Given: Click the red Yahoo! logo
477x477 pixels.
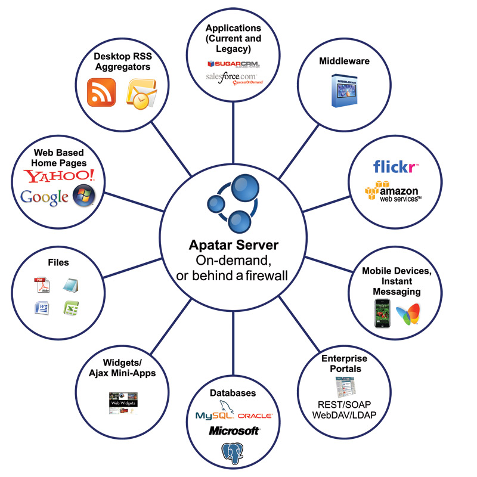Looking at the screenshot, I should tap(59, 175).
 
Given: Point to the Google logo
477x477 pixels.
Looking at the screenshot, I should tap(44, 197).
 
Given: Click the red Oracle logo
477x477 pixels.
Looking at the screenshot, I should tap(255, 415).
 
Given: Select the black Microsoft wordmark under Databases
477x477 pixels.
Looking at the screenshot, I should tap(234, 430).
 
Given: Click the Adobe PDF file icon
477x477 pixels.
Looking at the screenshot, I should tap(41, 285).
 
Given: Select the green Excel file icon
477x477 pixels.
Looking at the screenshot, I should tap(72, 308).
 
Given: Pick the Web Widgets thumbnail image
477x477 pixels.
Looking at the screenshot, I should tap(123, 404).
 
